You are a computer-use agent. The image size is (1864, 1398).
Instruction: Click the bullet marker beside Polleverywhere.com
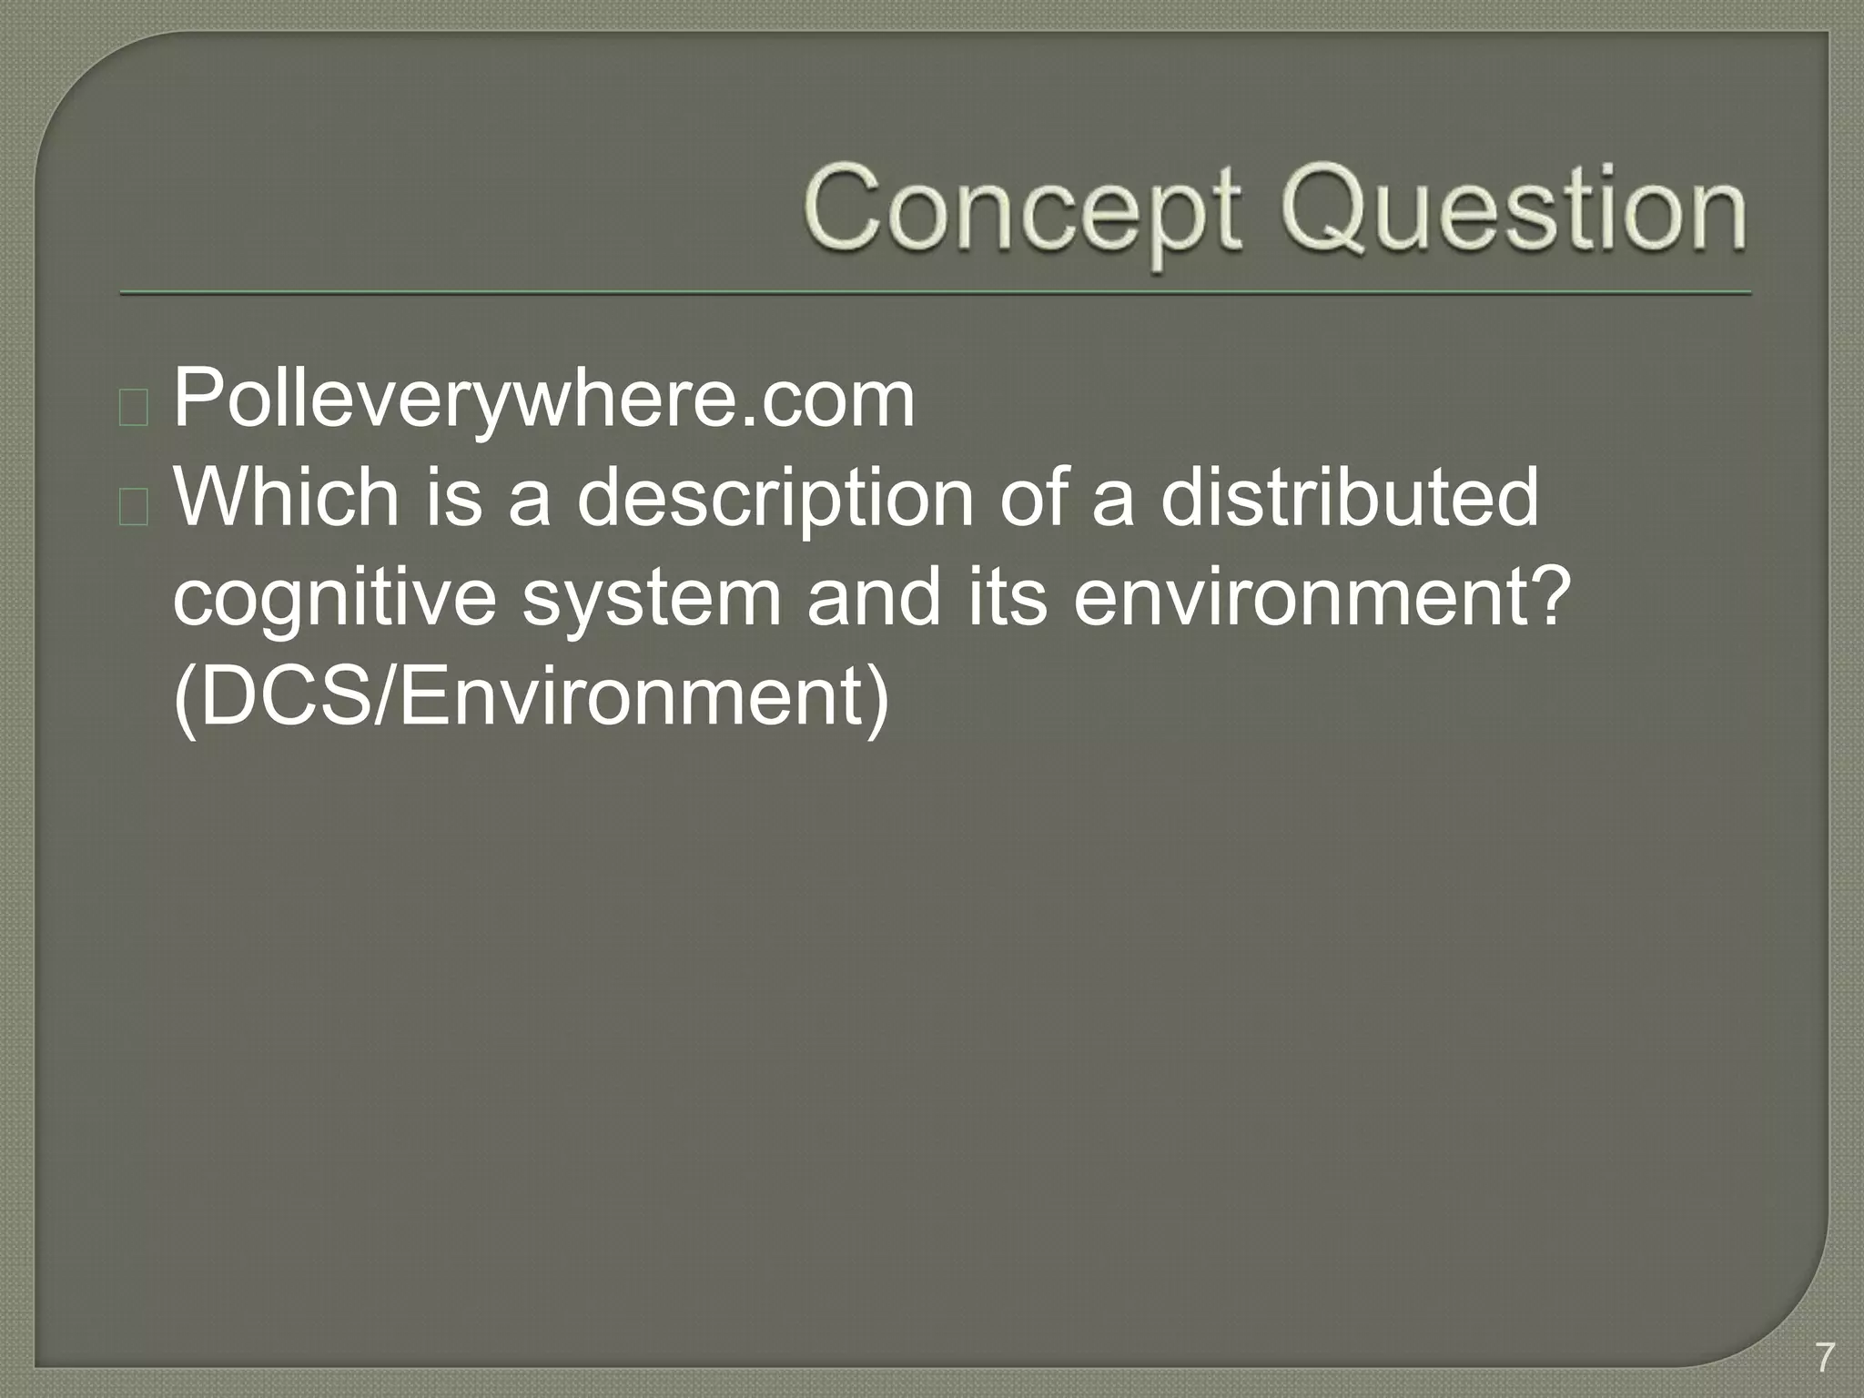coord(133,408)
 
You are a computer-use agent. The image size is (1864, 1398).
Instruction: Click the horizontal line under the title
coord(936,293)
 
